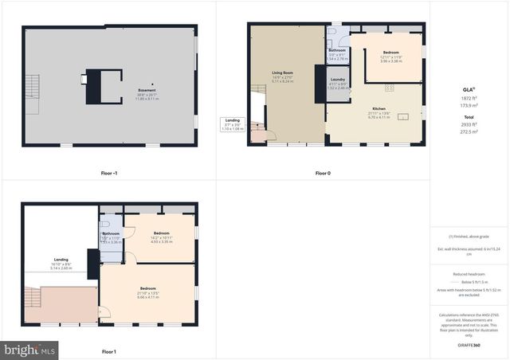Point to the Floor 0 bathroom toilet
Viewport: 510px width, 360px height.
(341, 41)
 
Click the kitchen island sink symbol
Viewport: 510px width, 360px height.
(403, 117)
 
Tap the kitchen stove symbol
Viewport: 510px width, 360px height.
(389, 85)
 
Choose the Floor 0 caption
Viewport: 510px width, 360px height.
(323, 172)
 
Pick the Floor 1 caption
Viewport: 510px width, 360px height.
(109, 351)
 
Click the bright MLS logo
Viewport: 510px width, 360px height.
(30, 349)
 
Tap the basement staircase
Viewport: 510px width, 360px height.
(32, 84)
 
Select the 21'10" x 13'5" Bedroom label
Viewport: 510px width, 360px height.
(148, 291)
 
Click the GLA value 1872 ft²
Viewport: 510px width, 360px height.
(469, 98)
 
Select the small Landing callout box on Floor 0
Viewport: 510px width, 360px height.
(231, 125)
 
